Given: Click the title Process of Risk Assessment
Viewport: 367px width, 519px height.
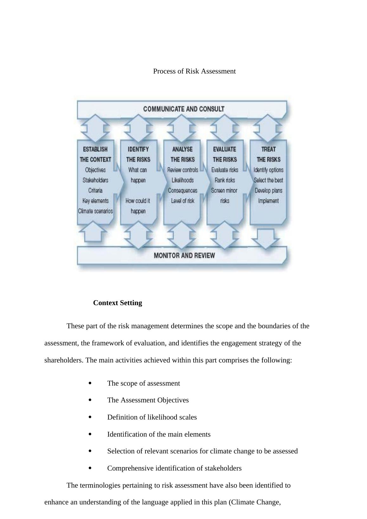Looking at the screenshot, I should pos(194,71).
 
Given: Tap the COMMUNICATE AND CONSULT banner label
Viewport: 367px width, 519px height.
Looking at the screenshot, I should pos(183,109).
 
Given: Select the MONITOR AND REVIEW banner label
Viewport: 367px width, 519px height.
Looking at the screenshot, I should pos(184,255).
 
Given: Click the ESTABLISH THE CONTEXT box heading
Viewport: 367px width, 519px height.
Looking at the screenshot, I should pos(95,154).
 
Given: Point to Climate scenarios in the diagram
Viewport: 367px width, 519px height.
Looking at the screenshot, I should pos(95,211).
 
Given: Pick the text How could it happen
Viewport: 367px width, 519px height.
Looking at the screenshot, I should pos(138,206).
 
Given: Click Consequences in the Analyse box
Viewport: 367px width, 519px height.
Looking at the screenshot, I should pos(183,190).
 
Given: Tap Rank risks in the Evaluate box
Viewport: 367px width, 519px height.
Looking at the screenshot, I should pos(225,180).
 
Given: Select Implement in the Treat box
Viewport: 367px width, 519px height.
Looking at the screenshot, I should pos(268,201).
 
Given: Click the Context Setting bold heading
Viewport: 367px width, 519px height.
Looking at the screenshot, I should pos(118,303).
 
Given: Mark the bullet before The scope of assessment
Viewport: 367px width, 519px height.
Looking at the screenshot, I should pos(90,383).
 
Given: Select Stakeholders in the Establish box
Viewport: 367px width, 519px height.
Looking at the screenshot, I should pos(95,180).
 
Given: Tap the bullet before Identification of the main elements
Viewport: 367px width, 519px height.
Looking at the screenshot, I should pos(90,434).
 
